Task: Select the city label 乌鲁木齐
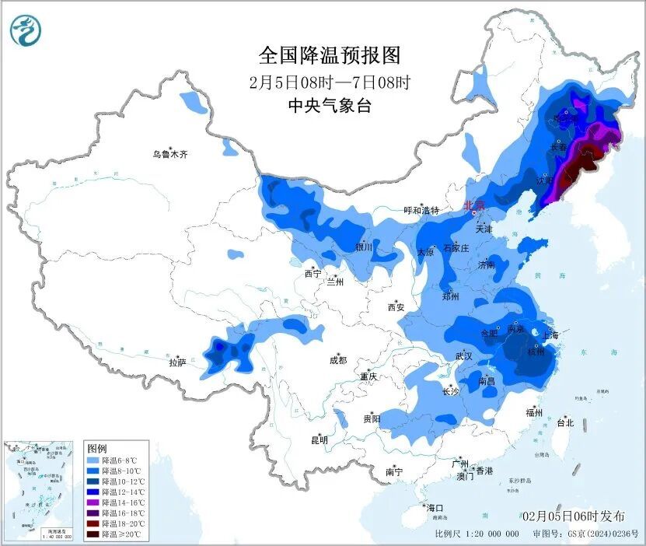coord(169,154)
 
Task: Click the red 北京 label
coord(473,205)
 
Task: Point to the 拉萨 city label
coord(178,362)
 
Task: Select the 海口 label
coord(434,507)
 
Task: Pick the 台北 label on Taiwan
coord(564,423)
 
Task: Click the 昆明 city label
coord(320,440)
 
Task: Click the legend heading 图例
coord(97,449)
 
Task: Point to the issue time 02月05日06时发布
coord(574,516)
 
